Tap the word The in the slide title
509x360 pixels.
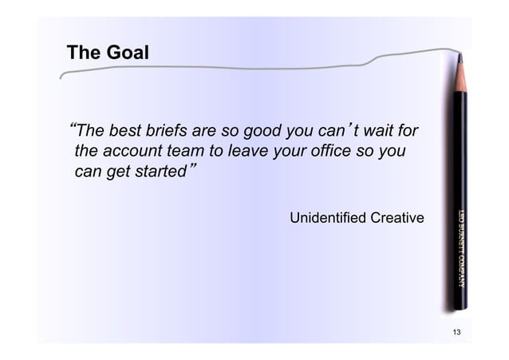coord(83,53)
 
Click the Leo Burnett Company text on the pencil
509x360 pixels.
coord(460,248)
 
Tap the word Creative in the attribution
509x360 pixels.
coord(395,218)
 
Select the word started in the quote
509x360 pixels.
coord(159,172)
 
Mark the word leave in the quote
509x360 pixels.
coord(251,151)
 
